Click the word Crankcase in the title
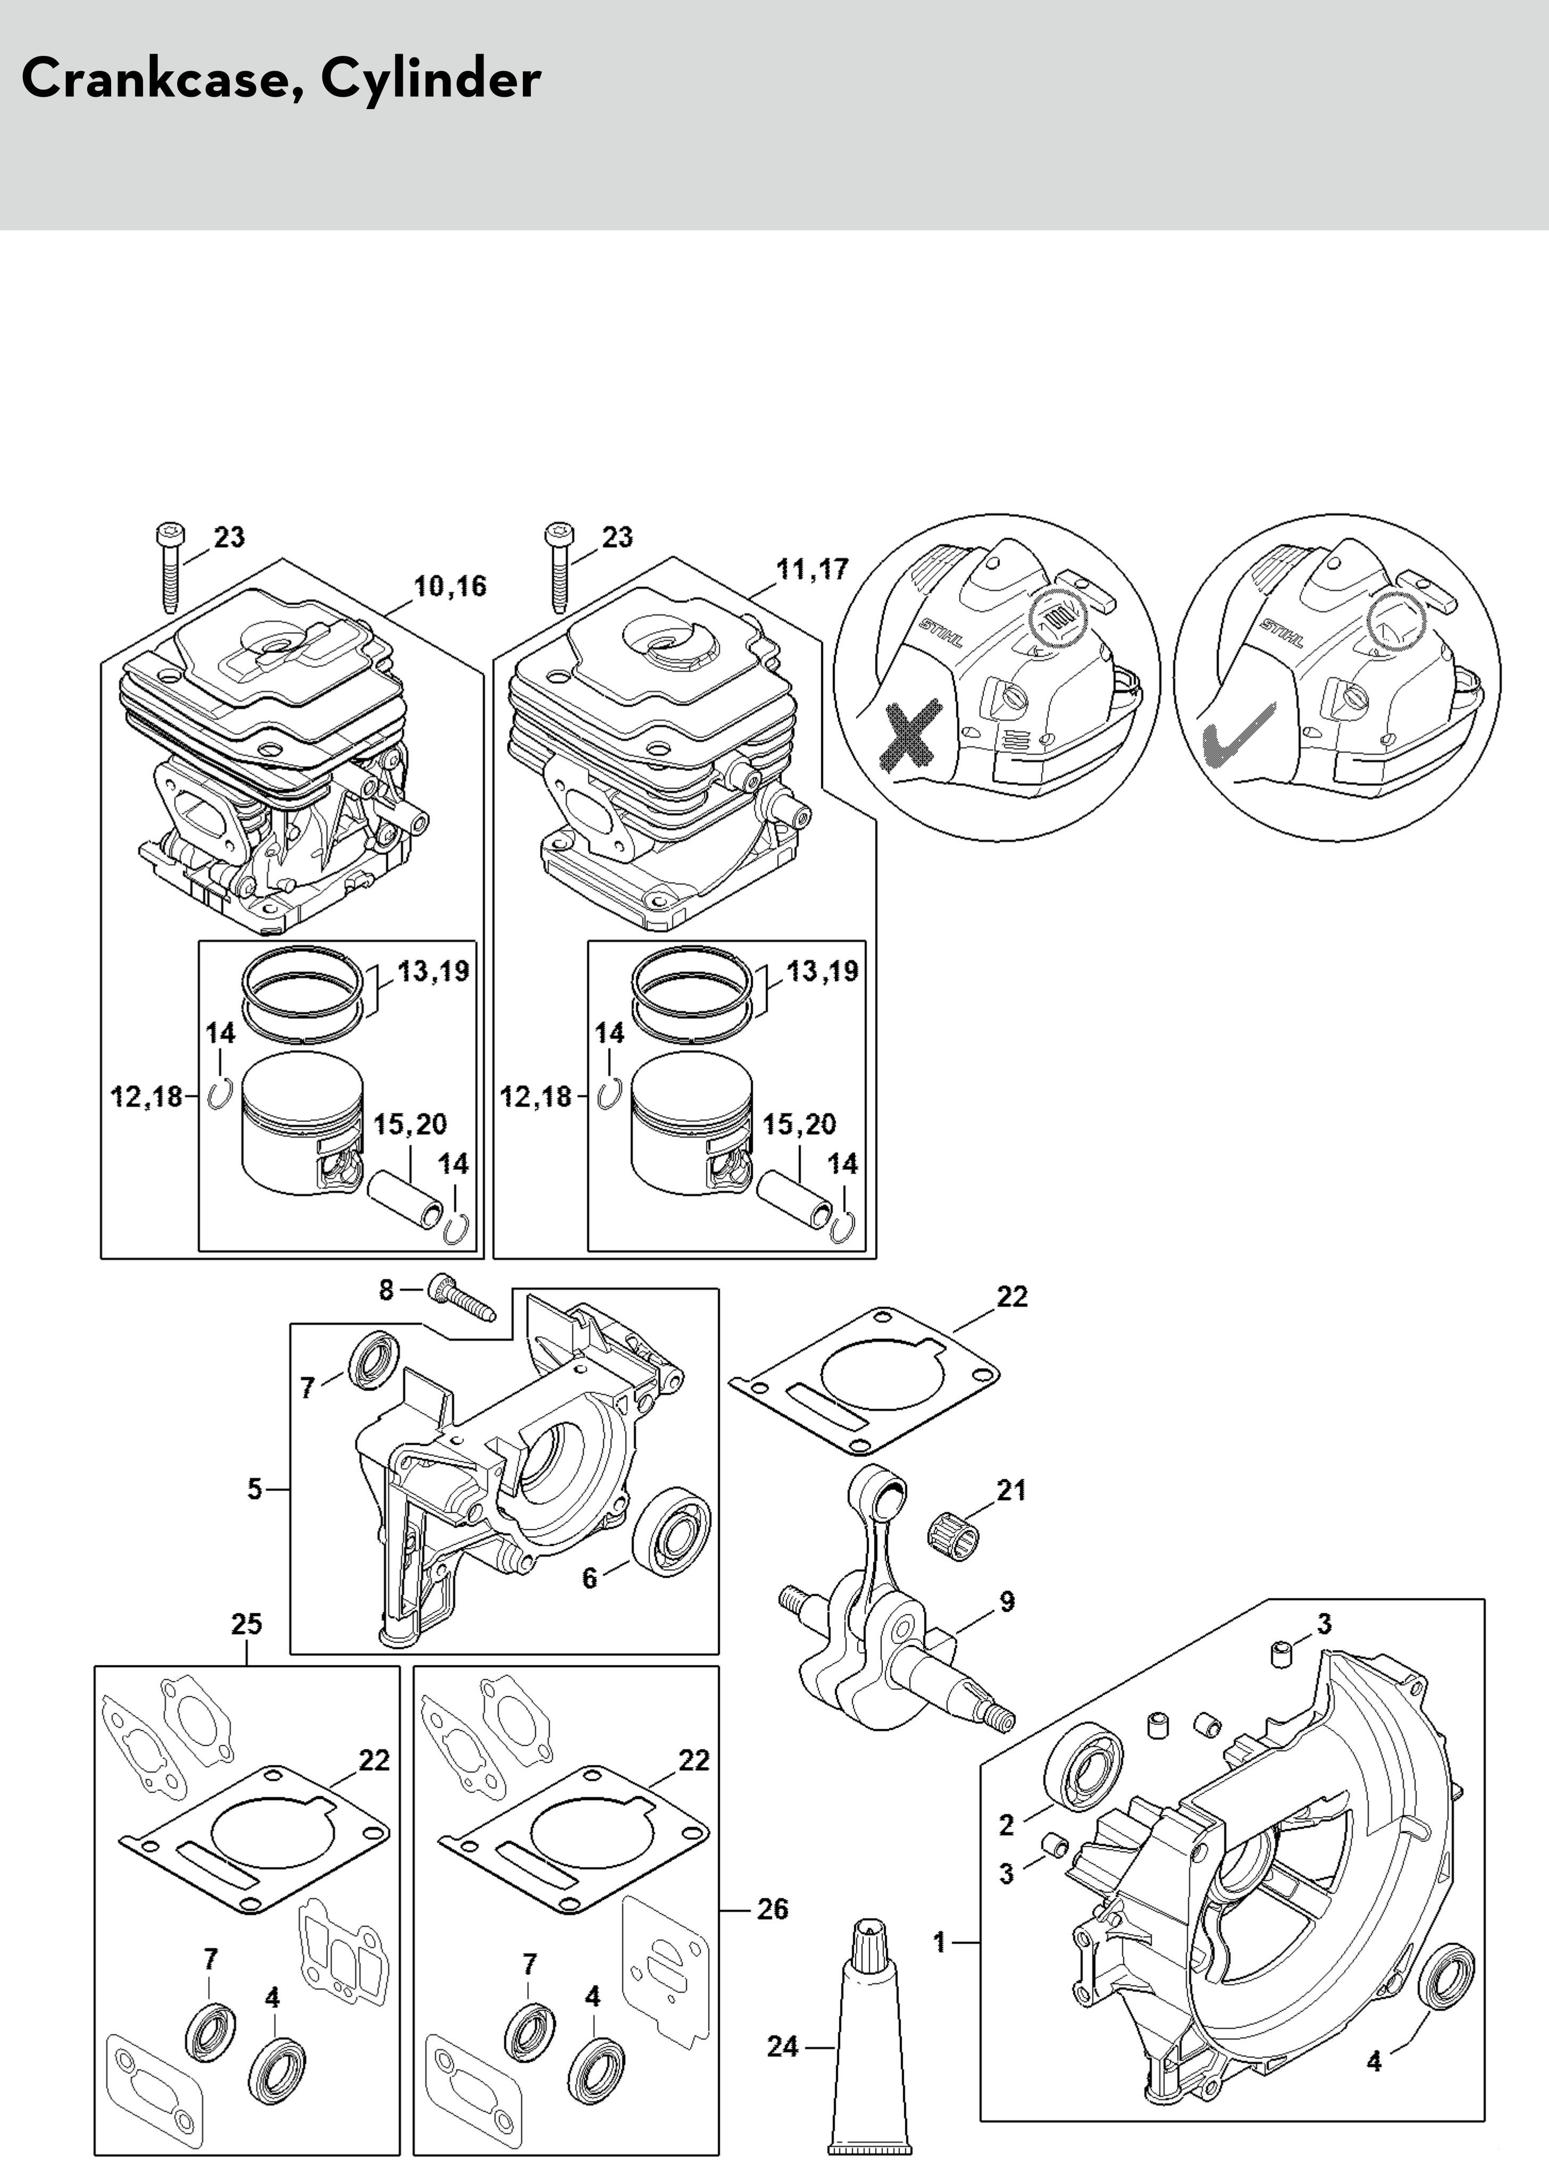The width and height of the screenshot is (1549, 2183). (x=153, y=79)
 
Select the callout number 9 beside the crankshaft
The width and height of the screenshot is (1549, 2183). (x=1007, y=1601)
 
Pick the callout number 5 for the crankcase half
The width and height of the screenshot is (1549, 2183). (x=254, y=1489)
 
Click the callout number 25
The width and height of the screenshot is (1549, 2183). (x=246, y=1624)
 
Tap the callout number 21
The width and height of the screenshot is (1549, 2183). (x=1011, y=1490)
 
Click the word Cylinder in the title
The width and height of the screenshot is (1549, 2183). (x=430, y=79)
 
